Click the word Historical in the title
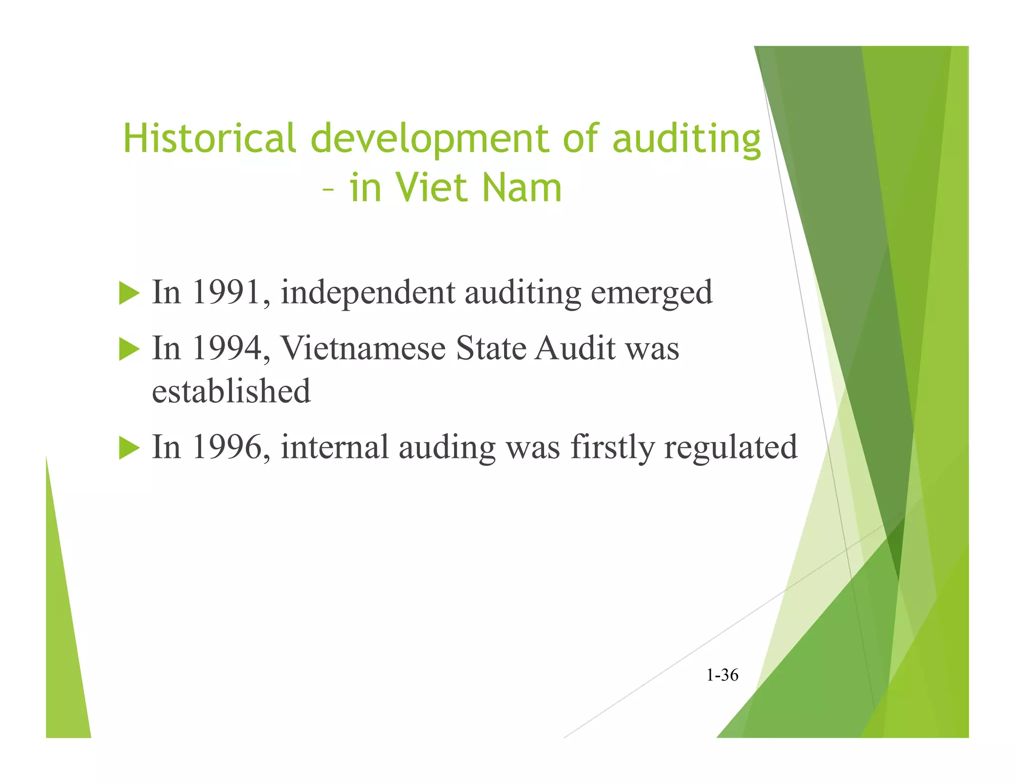click(209, 138)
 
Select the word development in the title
click(429, 139)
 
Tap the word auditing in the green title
click(686, 139)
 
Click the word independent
click(368, 293)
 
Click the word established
click(231, 391)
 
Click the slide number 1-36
click(722, 675)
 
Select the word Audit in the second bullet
click(575, 348)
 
